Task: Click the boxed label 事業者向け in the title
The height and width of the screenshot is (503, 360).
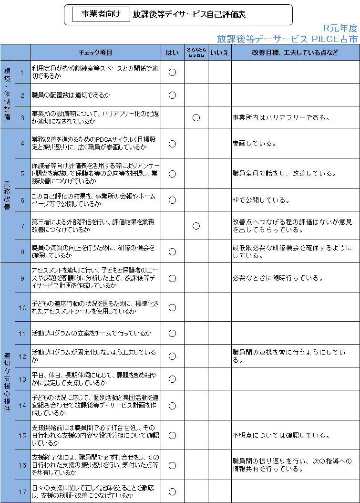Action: (x=101, y=14)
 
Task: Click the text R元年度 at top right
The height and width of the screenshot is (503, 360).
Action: (x=339, y=28)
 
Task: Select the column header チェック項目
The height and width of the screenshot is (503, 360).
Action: (x=95, y=53)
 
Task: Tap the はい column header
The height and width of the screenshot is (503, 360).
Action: (x=172, y=53)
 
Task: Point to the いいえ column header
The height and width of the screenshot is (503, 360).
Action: (x=219, y=53)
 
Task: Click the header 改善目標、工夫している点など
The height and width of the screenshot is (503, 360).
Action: (x=295, y=53)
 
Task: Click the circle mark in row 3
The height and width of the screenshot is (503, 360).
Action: (x=196, y=117)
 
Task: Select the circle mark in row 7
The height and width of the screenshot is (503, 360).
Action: (x=196, y=226)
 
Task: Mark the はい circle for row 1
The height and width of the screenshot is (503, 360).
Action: (x=173, y=73)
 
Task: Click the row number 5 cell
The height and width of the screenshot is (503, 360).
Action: (x=22, y=174)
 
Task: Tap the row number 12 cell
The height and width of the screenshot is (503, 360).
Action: (x=22, y=356)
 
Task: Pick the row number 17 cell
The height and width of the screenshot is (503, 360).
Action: (x=22, y=492)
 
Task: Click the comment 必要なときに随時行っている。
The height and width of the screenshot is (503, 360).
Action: (x=278, y=278)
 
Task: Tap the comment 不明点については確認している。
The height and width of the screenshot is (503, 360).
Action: (x=281, y=435)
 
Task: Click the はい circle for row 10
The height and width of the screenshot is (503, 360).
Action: (x=173, y=307)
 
